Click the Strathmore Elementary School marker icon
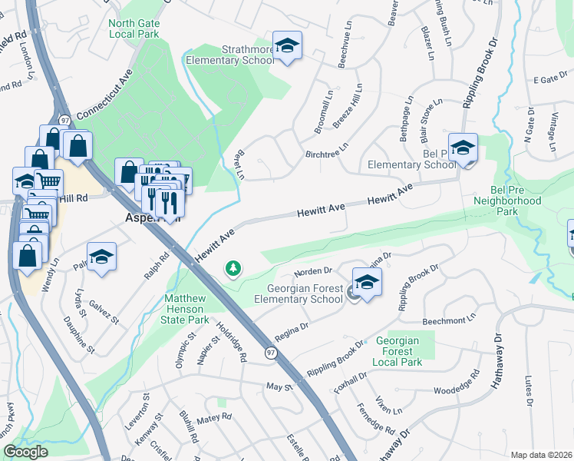(287, 47)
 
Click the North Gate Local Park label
(134, 29)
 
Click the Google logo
(25, 452)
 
